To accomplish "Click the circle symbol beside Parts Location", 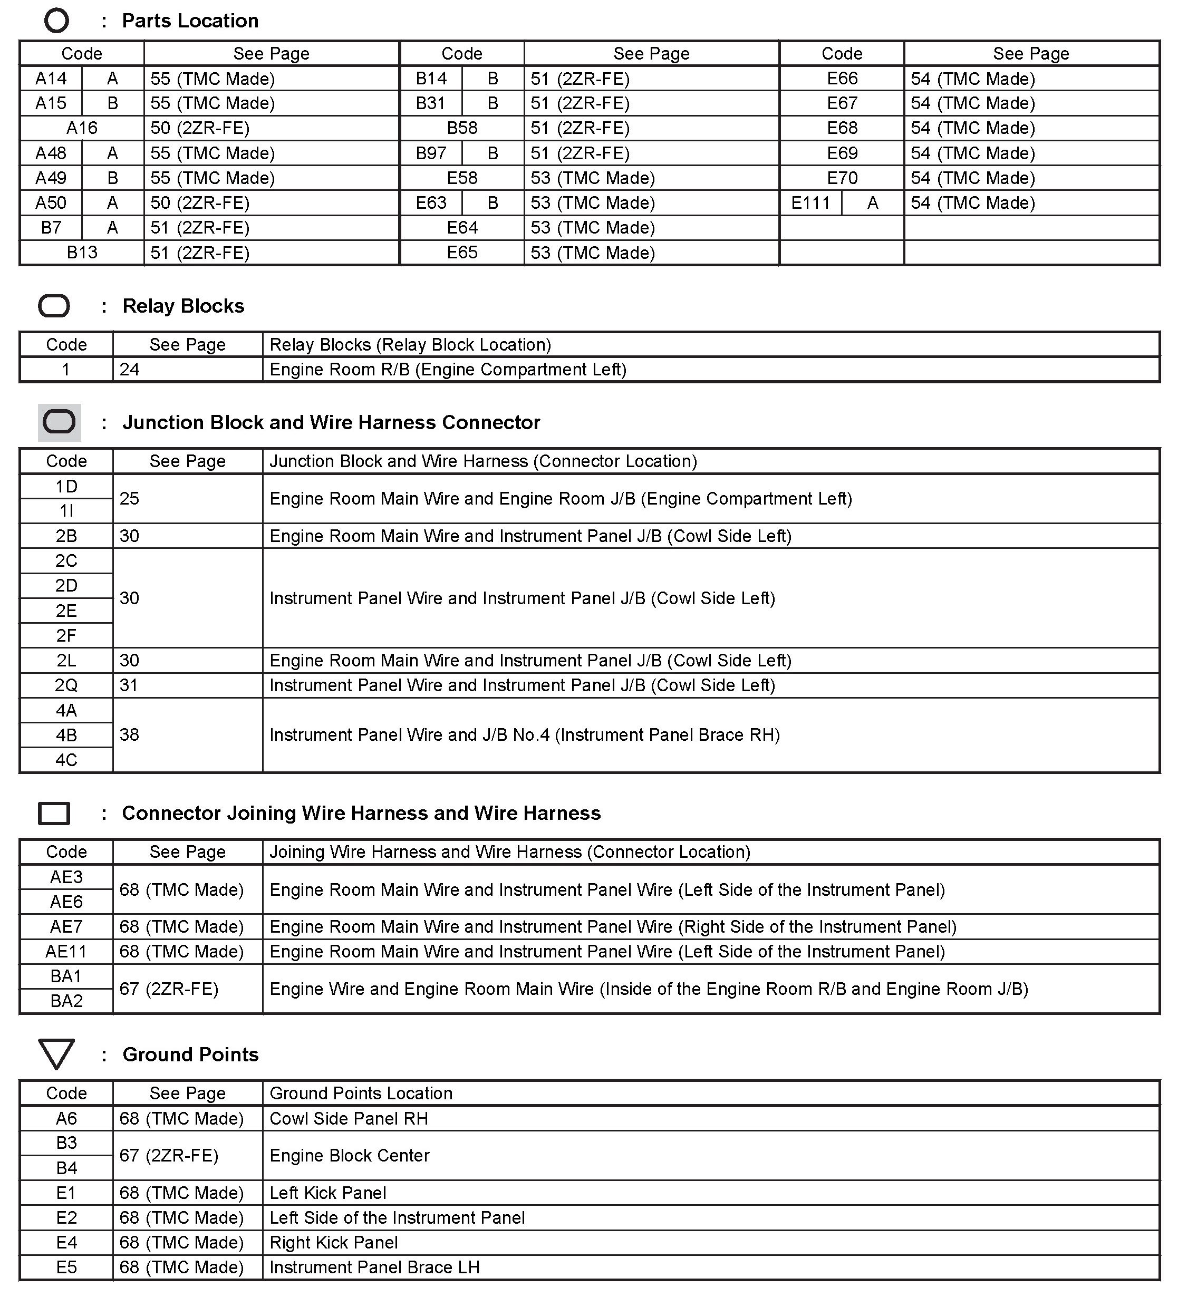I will (56, 21).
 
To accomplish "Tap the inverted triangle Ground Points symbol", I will (56, 1054).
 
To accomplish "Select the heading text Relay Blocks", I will (184, 306).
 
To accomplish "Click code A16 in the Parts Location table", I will (82, 128).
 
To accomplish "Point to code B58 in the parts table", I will (462, 128).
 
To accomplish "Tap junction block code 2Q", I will (66, 686).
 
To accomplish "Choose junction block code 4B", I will (66, 735).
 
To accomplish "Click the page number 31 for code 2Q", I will (129, 686).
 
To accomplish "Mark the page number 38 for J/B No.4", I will (129, 735).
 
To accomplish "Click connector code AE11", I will (66, 952).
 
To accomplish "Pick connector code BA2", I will (66, 1001).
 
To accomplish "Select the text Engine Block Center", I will (350, 1156).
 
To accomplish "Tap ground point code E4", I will (66, 1242).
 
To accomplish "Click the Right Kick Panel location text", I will (333, 1242).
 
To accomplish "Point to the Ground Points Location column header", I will (361, 1093).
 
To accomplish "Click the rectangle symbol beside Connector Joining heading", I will (54, 813).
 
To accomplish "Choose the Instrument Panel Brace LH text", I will (374, 1267).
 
